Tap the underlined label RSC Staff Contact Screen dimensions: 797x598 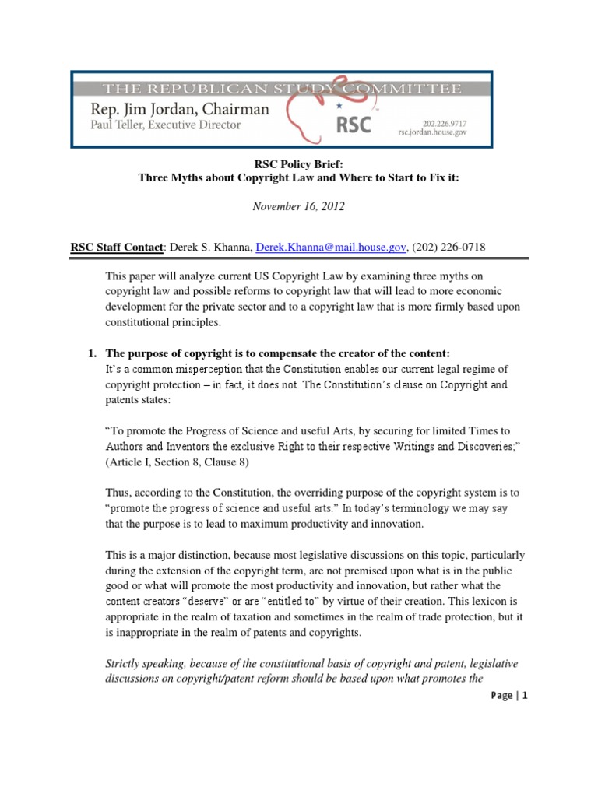tap(117, 247)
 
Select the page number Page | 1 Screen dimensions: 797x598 tap(507, 696)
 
